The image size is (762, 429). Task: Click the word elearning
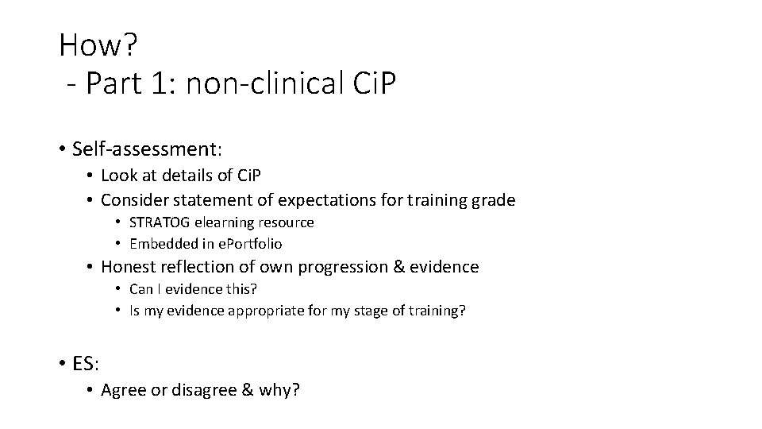point(227,222)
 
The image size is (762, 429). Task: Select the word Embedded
point(161,244)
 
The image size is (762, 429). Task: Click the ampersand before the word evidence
point(398,267)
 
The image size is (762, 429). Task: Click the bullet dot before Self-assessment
point(61,149)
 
